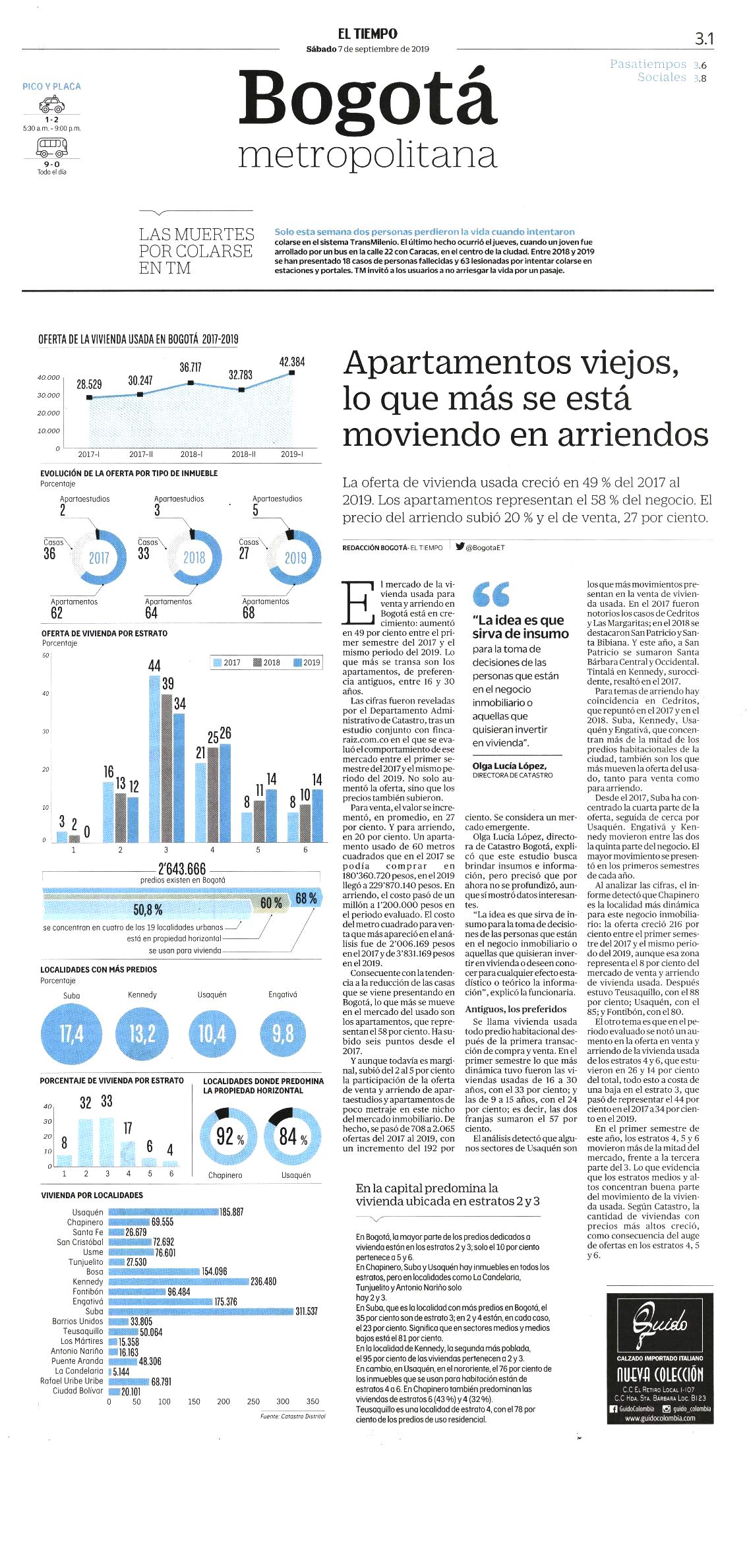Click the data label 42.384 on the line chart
(292, 362)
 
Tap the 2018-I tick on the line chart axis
(191, 454)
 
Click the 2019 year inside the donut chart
(295, 558)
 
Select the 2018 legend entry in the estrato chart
(267, 662)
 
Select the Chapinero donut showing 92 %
(226, 1137)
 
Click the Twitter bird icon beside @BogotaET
(460, 546)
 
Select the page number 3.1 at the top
(704, 39)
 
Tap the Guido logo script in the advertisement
(659, 1322)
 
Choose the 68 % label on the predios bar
(306, 898)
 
